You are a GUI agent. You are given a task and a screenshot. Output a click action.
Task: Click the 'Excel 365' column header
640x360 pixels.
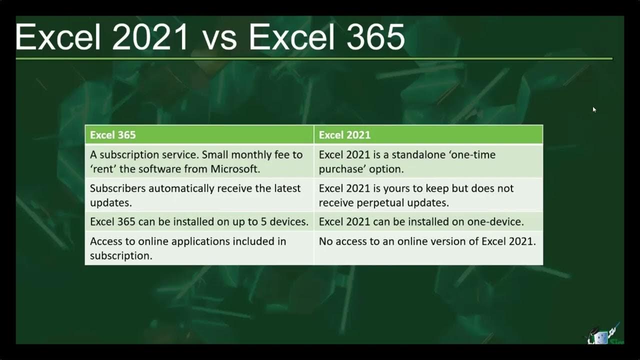pyautogui.click(x=113, y=135)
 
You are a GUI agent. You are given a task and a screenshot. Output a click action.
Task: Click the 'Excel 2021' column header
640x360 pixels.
pyautogui.click(x=344, y=135)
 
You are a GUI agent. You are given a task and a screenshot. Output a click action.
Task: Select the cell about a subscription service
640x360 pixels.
pyautogui.click(x=199, y=161)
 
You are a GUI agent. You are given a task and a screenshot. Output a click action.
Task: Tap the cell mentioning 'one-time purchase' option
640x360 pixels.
pyautogui.click(x=428, y=161)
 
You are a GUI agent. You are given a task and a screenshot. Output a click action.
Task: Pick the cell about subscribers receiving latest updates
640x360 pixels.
pyautogui.click(x=199, y=195)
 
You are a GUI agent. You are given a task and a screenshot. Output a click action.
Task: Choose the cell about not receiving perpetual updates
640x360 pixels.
pyautogui.click(x=428, y=195)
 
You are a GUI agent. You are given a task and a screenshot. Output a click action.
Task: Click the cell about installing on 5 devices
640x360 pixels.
pyautogui.click(x=199, y=221)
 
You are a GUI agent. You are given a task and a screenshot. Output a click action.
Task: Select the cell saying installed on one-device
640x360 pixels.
pyautogui.click(x=428, y=221)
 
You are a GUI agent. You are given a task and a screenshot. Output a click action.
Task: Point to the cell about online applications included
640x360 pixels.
pyautogui.click(x=199, y=248)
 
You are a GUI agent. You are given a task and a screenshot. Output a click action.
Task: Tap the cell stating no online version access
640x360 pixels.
pyautogui.click(x=428, y=241)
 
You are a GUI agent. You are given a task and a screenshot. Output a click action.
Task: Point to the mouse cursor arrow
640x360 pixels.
pyautogui.click(x=594, y=109)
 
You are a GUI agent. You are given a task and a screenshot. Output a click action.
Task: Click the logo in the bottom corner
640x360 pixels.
pyautogui.click(x=604, y=334)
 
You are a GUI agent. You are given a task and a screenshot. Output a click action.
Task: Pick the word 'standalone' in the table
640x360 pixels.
pyautogui.click(x=421, y=155)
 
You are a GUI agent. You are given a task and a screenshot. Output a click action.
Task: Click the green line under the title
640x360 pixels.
pyautogui.click(x=314, y=59)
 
